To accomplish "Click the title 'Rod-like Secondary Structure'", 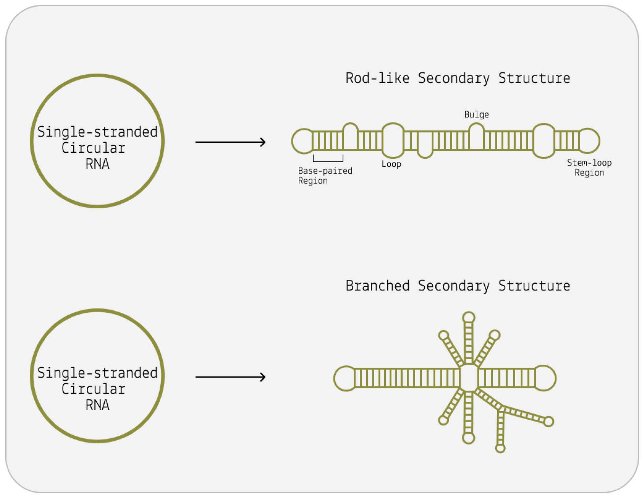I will point(458,78).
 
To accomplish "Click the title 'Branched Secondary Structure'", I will point(458,286).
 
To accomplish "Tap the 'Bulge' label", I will point(476,115).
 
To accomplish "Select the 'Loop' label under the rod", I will point(391,164).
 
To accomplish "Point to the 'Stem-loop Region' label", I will point(589,168).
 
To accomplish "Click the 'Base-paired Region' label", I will point(325,176).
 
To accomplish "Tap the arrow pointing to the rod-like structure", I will point(230,142).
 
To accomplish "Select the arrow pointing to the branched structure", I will point(230,377).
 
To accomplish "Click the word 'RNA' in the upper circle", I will point(97,164).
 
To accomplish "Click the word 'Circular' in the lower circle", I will point(93,389).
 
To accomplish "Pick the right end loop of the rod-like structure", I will point(589,141).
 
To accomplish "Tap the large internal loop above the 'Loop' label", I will point(393,141).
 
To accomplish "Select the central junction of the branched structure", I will point(469,378).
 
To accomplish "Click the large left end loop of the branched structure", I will point(345,378).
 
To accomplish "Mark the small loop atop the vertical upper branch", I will point(469,317).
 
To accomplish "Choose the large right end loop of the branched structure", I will point(545,378).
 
